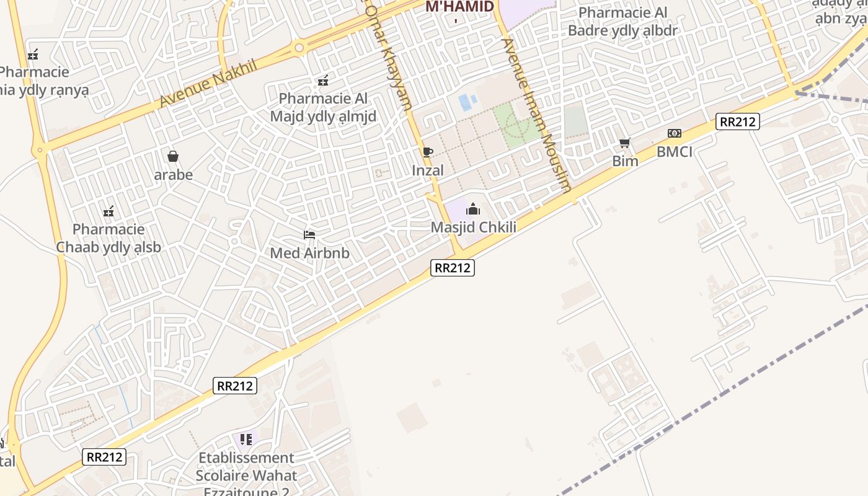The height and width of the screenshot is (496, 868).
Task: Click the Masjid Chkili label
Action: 473,228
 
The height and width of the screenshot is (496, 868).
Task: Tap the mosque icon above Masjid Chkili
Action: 473,209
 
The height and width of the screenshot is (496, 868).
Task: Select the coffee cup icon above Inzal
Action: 427,152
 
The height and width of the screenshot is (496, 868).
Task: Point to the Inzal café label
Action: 428,170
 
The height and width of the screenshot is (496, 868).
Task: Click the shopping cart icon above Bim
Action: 625,143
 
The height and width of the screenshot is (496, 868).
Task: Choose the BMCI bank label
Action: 675,152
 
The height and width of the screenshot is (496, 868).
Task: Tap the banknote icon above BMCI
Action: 675,133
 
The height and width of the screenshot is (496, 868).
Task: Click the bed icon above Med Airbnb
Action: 309,235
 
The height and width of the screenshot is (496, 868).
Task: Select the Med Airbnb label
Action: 309,253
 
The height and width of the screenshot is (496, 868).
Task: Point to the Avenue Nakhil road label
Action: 208,84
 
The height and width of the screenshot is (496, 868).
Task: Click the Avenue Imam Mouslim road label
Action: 536,115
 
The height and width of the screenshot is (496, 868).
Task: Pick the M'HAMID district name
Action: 459,7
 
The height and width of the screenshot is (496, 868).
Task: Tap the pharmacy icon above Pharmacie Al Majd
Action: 322,81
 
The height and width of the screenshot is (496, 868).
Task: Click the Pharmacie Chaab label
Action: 108,239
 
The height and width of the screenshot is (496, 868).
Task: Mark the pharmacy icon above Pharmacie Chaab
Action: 109,211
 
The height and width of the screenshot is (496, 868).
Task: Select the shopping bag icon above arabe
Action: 173,156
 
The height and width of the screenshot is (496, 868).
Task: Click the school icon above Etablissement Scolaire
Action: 246,440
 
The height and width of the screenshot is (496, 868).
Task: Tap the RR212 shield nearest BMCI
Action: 737,122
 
